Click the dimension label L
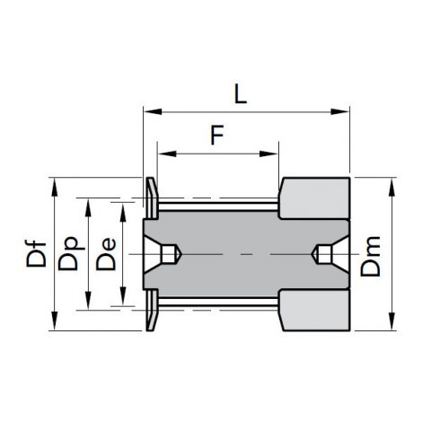point(241,93)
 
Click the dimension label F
point(217,135)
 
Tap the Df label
point(36,254)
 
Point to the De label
point(106,254)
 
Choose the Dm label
point(371,256)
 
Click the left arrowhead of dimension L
point(153,111)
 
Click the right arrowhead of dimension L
point(340,111)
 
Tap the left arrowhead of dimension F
point(167,154)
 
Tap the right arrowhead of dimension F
point(268,154)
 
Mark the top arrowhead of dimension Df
point(55,188)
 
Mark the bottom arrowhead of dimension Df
point(55,321)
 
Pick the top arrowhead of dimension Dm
point(391,188)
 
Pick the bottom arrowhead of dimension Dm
point(391,321)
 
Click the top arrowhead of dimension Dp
point(88,207)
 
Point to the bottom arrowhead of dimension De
point(123,296)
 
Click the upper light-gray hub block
point(314,198)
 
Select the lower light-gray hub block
point(314,311)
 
